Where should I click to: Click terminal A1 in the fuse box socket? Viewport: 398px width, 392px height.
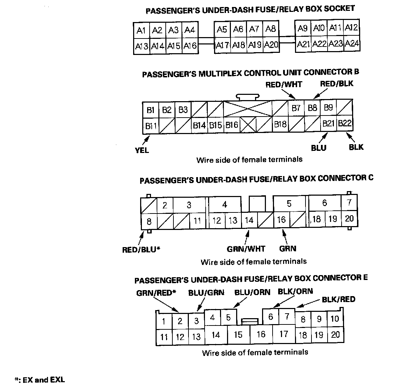(142, 30)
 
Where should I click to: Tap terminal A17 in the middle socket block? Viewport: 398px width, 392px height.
(222, 45)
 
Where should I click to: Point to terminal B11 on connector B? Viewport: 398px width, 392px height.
(151, 125)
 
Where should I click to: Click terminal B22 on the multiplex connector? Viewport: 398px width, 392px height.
(345, 123)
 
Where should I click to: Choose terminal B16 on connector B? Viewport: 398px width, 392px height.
(232, 125)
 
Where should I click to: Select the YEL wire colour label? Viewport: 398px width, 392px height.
(142, 150)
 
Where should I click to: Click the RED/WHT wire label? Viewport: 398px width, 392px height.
(284, 84)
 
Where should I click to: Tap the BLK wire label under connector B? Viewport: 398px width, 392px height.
(356, 147)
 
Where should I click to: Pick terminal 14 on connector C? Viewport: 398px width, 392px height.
(249, 220)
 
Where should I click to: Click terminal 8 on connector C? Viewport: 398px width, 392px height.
(149, 222)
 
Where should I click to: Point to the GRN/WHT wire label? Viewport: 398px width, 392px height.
(246, 249)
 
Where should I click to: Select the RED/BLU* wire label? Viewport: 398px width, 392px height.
(141, 250)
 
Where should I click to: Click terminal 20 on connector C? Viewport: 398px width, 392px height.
(349, 219)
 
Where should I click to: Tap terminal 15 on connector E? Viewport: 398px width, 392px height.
(238, 335)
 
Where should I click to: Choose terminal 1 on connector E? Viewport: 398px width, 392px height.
(164, 321)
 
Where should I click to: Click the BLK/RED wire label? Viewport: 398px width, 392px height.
(338, 299)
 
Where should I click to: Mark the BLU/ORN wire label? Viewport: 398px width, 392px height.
(252, 292)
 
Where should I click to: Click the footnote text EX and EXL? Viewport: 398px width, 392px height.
(43, 380)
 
